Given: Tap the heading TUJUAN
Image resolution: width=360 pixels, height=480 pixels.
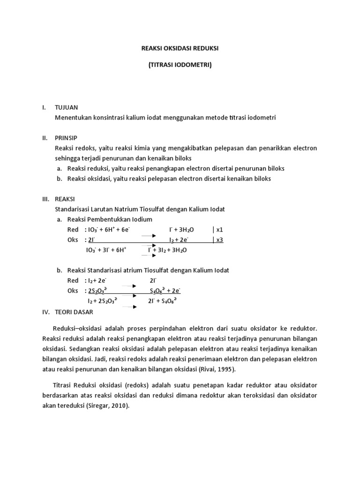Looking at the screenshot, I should (x=67, y=107).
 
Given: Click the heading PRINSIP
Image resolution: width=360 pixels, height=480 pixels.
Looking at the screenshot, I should (x=66, y=138).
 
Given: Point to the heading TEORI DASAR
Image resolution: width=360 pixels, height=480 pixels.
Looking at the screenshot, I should (x=74, y=311).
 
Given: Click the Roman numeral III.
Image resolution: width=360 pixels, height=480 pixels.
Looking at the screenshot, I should (x=45, y=199).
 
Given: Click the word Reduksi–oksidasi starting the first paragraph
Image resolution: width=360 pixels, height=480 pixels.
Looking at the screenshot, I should (x=78, y=329).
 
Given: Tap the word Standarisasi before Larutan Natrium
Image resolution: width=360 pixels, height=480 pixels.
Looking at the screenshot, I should (x=73, y=209).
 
